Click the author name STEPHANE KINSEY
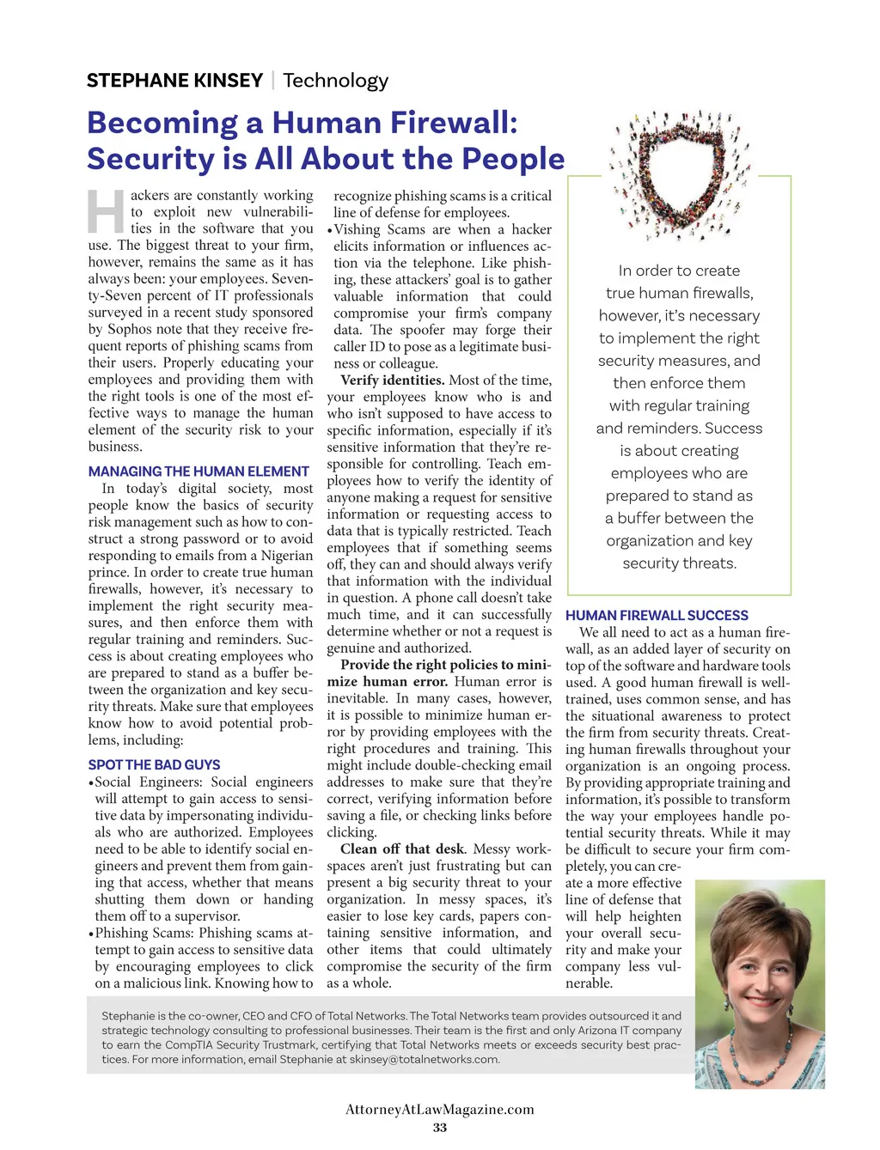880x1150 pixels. click(174, 81)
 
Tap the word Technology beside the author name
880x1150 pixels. click(335, 81)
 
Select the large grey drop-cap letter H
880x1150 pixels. click(107, 211)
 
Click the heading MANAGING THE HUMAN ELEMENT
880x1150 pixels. click(199, 472)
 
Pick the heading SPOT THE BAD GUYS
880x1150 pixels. click(154, 764)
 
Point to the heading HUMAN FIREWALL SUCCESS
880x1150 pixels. click(657, 615)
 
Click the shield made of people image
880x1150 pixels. click(679, 174)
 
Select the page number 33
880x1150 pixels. click(440, 1128)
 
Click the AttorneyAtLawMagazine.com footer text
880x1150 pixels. click(440, 1109)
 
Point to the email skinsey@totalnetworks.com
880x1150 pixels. click(424, 1059)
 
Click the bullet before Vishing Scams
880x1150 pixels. click(329, 230)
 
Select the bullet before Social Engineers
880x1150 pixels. click(90, 782)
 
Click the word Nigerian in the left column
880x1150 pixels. click(287, 556)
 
